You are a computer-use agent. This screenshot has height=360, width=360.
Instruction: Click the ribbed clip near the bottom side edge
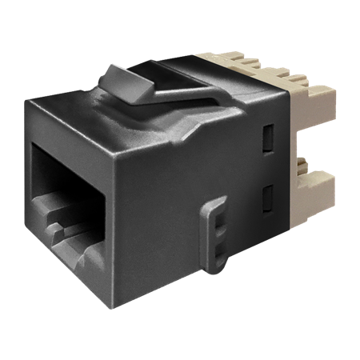click(215, 232)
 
